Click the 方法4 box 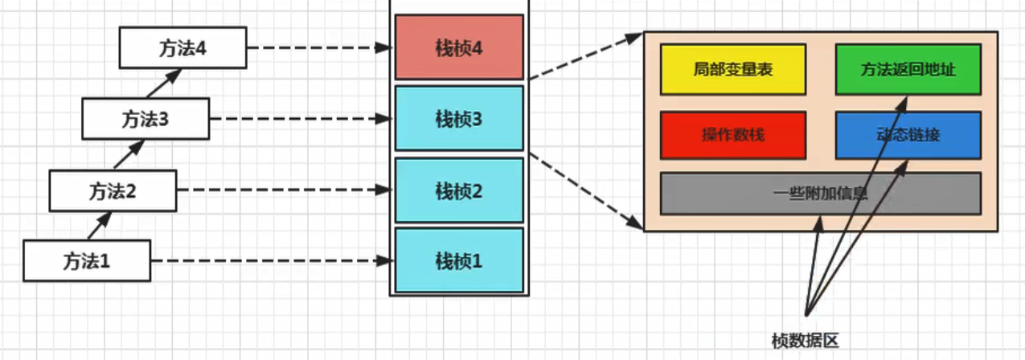click(182, 47)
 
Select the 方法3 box click(146, 120)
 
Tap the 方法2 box click(113, 190)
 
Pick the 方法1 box click(87, 260)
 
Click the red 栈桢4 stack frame click(459, 48)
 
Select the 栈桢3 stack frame click(459, 119)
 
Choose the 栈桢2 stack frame click(459, 190)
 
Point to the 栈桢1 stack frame click(459, 260)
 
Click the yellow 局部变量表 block click(732, 70)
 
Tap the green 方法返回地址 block click(908, 70)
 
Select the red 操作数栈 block click(732, 135)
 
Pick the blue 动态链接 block click(908, 135)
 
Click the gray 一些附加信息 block click(820, 194)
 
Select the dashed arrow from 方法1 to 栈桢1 click(272, 260)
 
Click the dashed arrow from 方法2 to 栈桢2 click(285, 190)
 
